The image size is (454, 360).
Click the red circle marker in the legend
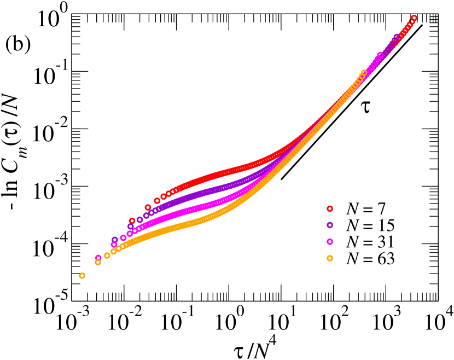(x=330, y=208)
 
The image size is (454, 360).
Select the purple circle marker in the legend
(x=330, y=225)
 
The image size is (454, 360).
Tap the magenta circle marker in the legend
(x=330, y=241)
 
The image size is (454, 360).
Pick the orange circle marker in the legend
(x=330, y=258)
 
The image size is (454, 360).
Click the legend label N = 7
(x=365, y=208)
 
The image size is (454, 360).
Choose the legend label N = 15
(x=370, y=225)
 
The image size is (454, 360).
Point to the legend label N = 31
(x=370, y=241)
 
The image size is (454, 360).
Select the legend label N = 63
(x=370, y=258)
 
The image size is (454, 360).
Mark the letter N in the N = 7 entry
(x=352, y=208)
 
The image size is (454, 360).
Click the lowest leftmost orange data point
(x=82, y=276)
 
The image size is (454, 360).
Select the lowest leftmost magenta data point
(x=98, y=258)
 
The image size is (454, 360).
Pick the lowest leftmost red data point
(x=132, y=220)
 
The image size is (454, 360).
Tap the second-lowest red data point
(x=148, y=207)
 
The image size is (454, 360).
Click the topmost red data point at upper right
(x=414, y=18)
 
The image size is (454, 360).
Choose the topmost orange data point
(x=364, y=72)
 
